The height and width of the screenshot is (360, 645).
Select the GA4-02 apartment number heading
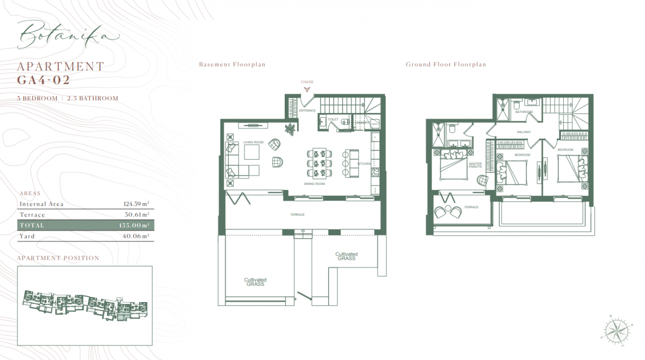pyautogui.click(x=43, y=80)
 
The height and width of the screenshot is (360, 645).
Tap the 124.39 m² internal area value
pyautogui.click(x=136, y=204)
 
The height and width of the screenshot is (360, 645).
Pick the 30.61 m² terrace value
pyautogui.click(x=137, y=215)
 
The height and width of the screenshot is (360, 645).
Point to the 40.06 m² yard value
pyautogui.click(x=137, y=236)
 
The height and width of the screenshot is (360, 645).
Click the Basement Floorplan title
pyautogui.click(x=232, y=65)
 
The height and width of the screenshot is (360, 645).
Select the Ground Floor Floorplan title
pyautogui.click(x=445, y=65)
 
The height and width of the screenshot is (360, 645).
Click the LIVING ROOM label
pyautogui.click(x=253, y=143)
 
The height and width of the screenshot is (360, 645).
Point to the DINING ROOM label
pyautogui.click(x=314, y=184)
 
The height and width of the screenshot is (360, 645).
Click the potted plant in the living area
pyautogui.click(x=291, y=130)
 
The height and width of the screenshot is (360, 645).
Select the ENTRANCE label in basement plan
pyautogui.click(x=307, y=110)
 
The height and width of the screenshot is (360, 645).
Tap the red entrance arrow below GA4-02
pyautogui.click(x=307, y=90)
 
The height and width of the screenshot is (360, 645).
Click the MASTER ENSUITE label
pyautogui.click(x=475, y=165)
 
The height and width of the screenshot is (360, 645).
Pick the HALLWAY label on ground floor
pyautogui.click(x=524, y=132)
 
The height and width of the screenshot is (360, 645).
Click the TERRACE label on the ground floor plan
pyautogui.click(x=471, y=207)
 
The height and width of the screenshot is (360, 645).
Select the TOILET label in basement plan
pyautogui.click(x=333, y=120)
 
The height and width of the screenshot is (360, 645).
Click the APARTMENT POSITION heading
pyautogui.click(x=58, y=258)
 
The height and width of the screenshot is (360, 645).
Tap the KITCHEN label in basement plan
pyautogui.click(x=364, y=164)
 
